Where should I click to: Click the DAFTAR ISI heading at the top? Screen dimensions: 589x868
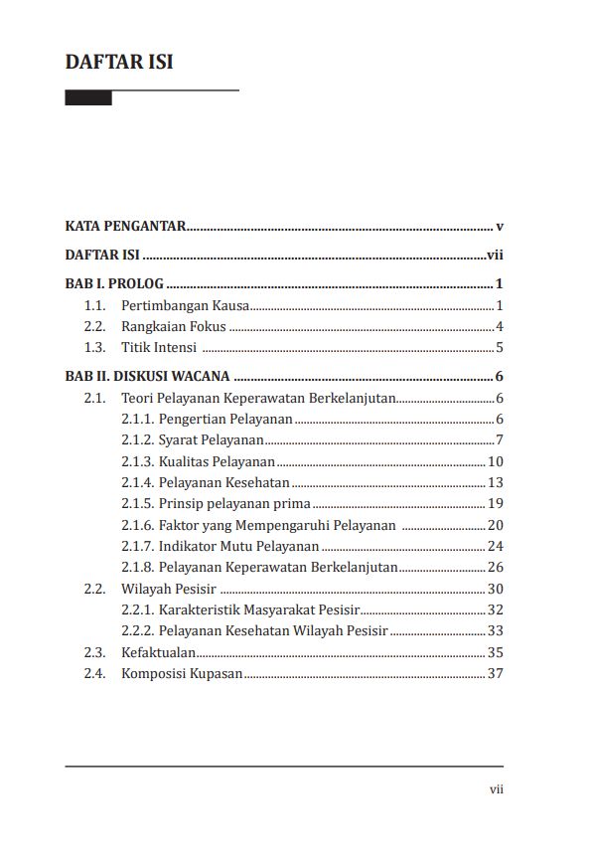[x=119, y=62]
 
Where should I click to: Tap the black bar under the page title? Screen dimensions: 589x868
[x=88, y=98]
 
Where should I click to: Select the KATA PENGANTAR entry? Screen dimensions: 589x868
[x=125, y=227]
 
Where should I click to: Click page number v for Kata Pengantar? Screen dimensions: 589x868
[x=500, y=227]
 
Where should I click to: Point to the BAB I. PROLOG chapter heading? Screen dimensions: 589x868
[x=114, y=283]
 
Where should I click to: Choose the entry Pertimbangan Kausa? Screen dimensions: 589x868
[x=185, y=305]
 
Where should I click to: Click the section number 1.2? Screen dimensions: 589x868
[x=94, y=326]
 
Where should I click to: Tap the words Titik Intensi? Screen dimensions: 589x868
[x=159, y=348]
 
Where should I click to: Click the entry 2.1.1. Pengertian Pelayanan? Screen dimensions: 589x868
[x=207, y=419]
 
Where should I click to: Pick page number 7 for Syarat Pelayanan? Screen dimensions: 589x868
[x=500, y=440]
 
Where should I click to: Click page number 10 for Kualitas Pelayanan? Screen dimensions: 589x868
[x=496, y=461]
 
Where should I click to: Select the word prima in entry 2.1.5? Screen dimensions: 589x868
[x=292, y=503]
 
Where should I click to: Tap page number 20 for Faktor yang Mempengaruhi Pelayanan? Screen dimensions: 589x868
[x=496, y=525]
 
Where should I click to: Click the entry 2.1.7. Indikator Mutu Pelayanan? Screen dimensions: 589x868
[x=220, y=546]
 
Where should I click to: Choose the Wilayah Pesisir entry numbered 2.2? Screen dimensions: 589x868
[x=155, y=589]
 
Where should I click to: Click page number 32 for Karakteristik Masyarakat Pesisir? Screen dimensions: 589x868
[x=496, y=609]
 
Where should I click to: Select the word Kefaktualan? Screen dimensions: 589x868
[x=158, y=652]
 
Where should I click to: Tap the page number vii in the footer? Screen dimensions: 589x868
[x=497, y=789]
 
